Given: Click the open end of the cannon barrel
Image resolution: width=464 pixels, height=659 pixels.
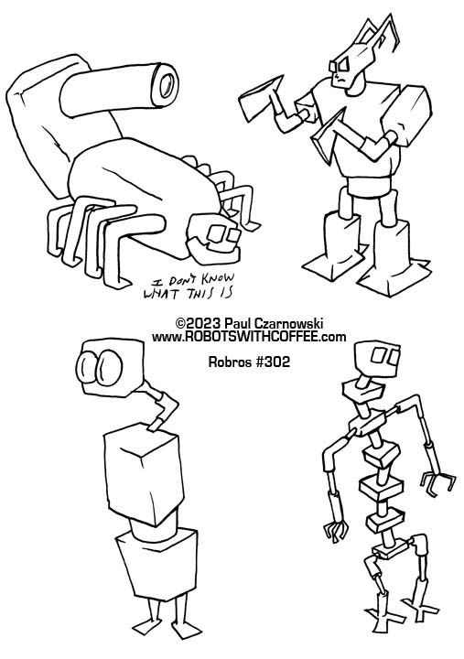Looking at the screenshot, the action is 168,86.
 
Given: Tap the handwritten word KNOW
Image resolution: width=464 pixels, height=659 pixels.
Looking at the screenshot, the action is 218,278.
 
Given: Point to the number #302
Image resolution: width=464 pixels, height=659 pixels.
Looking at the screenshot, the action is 273,362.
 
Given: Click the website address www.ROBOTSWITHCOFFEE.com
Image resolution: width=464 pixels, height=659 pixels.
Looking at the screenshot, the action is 249,337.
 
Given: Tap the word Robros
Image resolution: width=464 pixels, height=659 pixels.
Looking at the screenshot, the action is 230,362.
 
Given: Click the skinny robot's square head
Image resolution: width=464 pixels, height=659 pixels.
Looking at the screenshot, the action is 377,358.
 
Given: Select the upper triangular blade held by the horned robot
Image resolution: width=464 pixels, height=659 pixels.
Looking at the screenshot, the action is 260,99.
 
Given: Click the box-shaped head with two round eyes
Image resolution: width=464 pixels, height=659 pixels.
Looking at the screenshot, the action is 110,368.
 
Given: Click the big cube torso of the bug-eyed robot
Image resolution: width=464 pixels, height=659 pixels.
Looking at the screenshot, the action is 145,477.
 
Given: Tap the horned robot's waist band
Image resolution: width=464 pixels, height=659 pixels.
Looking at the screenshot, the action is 372,186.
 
